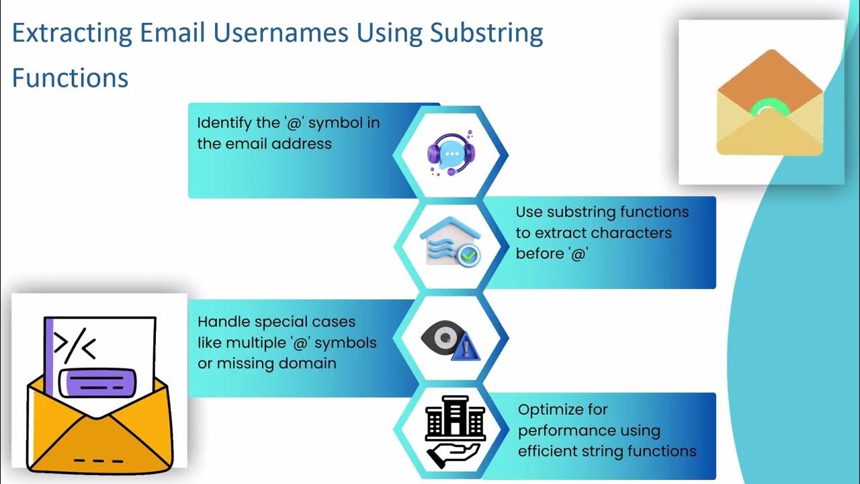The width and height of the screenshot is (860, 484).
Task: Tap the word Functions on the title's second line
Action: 70,78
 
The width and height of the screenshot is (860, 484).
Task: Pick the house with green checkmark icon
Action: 449,243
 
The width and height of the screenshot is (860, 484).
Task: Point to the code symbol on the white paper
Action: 75,345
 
